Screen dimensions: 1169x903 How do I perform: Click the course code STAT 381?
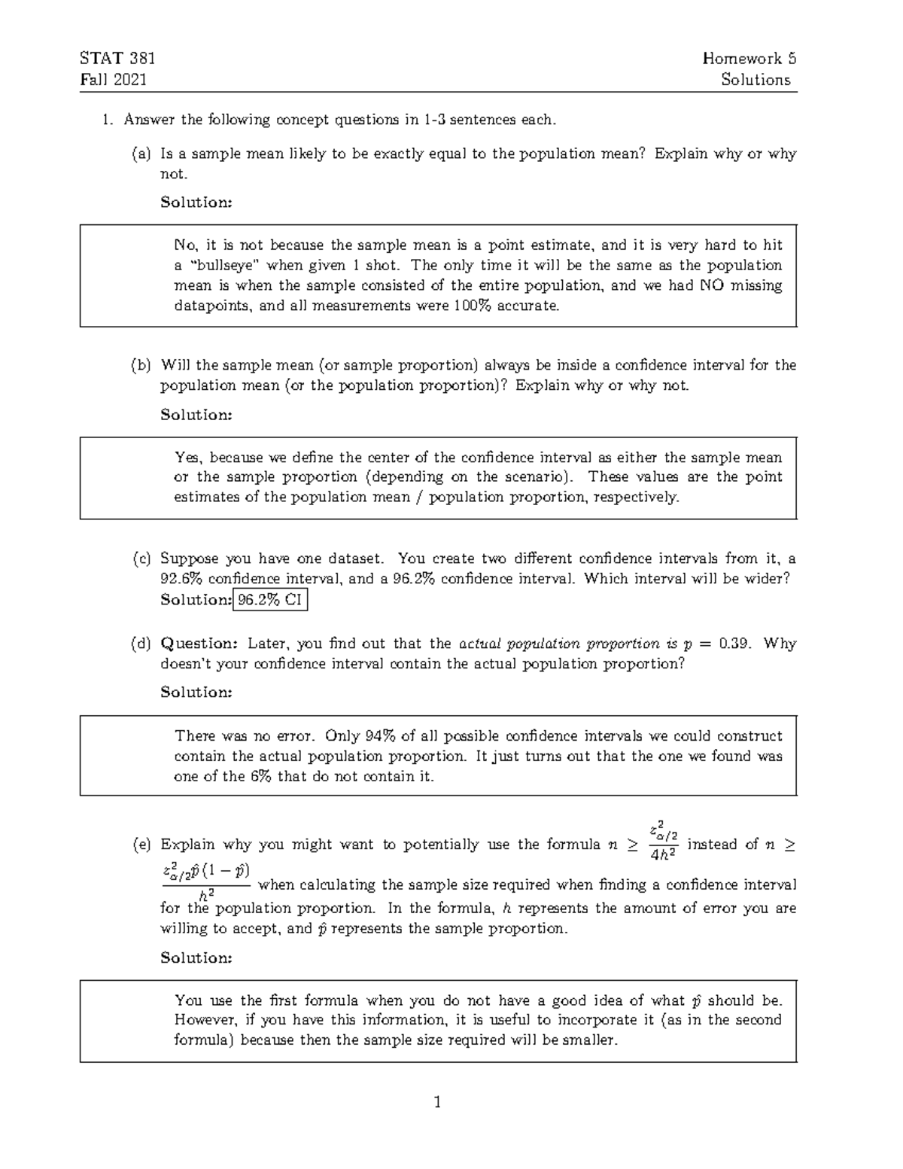117,59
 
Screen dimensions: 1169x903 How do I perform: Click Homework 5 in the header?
749,59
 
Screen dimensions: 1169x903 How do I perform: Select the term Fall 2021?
113,80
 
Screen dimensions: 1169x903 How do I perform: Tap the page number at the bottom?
437,1104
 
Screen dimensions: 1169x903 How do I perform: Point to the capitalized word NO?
711,286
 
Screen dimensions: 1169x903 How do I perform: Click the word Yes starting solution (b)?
187,458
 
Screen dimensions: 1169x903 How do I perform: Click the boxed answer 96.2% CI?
270,600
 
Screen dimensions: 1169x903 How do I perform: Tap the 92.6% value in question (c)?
181,580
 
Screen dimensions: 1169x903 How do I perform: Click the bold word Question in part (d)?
199,644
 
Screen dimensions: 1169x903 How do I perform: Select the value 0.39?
734,644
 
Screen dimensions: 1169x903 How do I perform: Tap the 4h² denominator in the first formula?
663,855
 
